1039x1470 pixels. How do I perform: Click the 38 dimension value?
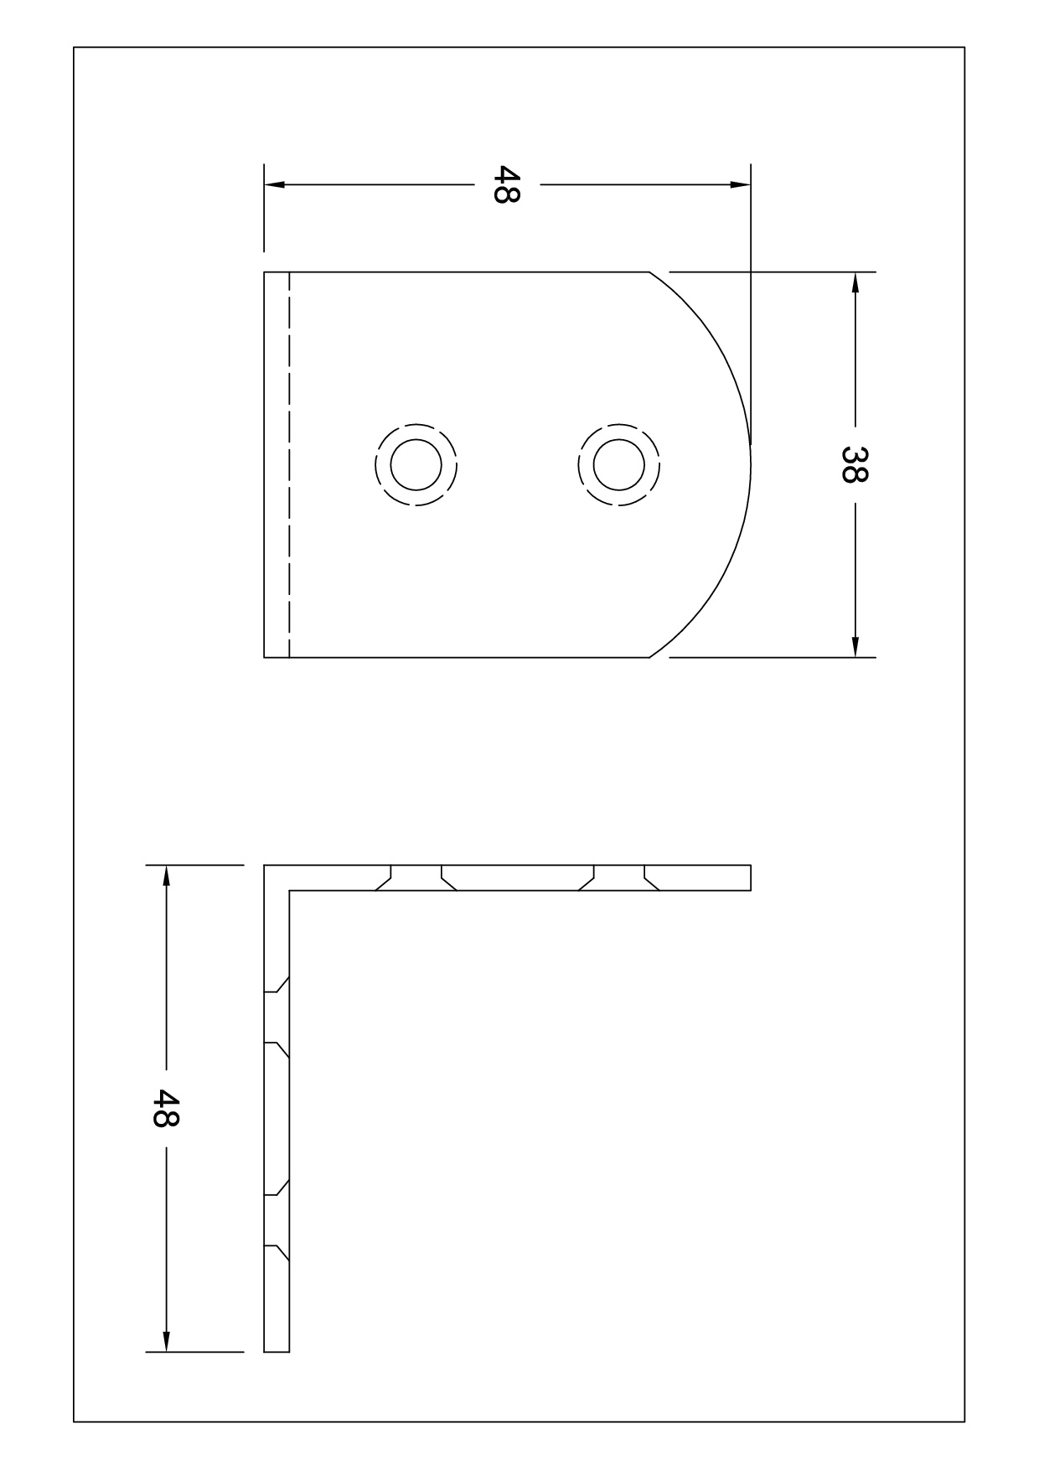855,464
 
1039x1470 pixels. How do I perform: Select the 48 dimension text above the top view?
507,184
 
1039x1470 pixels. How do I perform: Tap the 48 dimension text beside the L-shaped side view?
166,1108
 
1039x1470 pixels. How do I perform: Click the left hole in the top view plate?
416,464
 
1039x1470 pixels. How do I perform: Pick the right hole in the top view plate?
619,464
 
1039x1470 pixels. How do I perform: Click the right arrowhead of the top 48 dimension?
741,184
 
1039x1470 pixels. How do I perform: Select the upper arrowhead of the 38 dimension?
855,282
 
